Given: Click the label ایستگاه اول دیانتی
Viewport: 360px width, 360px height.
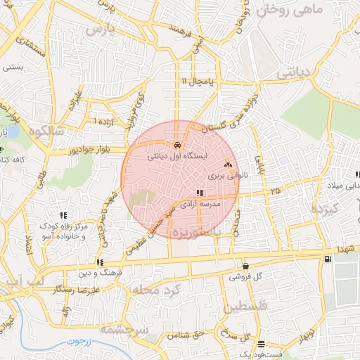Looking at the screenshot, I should click(176, 157).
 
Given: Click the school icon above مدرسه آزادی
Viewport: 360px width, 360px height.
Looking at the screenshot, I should click(200, 192).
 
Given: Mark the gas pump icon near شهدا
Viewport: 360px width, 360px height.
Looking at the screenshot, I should click(328, 260).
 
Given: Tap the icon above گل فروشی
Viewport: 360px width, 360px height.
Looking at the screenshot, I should click(245, 266).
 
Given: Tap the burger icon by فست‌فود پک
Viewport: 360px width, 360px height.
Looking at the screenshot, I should click(262, 345).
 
